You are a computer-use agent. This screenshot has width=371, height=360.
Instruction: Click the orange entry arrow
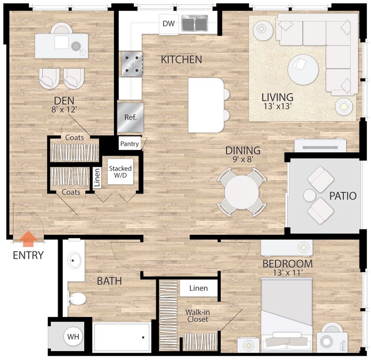click(x=28, y=239)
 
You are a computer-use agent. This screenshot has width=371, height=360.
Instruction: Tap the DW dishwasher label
click(x=169, y=23)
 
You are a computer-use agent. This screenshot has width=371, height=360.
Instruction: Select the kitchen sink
click(x=195, y=23)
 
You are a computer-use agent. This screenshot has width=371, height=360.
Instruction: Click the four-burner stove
click(x=132, y=64)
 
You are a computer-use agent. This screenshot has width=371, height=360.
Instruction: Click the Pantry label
click(x=129, y=144)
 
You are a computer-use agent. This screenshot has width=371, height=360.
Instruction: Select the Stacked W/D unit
click(x=120, y=172)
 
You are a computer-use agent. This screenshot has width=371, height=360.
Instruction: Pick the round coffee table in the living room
click(x=303, y=70)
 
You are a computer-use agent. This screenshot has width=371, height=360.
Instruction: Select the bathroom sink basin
click(x=76, y=260)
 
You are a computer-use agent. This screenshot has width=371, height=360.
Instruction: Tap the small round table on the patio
click(x=310, y=196)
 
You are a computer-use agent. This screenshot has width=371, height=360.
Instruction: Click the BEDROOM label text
click(x=287, y=264)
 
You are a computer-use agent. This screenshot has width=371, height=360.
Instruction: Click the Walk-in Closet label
click(x=197, y=316)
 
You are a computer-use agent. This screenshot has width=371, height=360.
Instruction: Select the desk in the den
click(x=61, y=45)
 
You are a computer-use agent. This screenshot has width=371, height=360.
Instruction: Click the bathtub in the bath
click(x=122, y=337)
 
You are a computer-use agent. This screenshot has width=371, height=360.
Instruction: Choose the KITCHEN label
click(x=181, y=60)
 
